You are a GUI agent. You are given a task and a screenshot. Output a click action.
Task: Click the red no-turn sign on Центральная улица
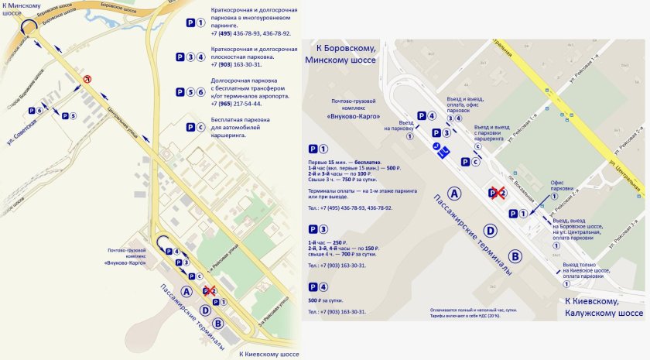tap(87, 79)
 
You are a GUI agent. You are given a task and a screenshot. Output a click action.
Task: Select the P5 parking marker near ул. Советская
tap(68, 117)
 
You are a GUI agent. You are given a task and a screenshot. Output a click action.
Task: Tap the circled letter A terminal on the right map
tap(454, 194)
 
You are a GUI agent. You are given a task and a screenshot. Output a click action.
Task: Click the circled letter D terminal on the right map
tap(489, 230)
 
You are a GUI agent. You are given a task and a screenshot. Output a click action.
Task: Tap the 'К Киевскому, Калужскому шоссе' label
tap(603, 307)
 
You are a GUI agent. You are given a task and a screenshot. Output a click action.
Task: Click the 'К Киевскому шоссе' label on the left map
tap(268, 354)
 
